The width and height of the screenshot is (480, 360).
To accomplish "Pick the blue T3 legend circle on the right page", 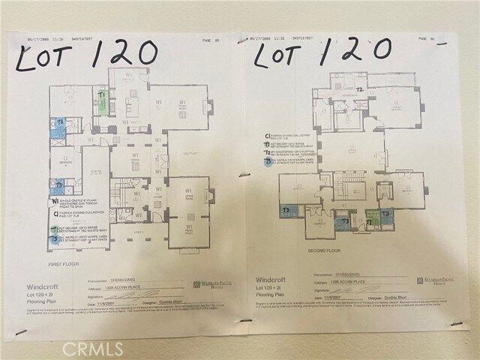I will pyautogui.click(x=268, y=160).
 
